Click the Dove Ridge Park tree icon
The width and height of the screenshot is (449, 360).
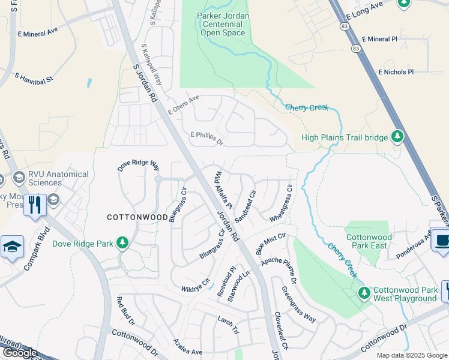click(x=122, y=242)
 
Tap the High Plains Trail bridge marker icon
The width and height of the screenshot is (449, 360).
click(x=397, y=137)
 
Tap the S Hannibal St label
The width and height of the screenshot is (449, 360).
click(x=34, y=79)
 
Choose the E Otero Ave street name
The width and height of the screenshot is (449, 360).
click(x=183, y=105)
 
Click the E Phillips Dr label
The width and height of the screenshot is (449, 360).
click(x=206, y=139)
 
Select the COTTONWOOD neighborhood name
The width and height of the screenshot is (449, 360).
click(x=137, y=217)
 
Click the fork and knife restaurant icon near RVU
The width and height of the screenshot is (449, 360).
click(x=34, y=205)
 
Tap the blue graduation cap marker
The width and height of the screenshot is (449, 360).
click(x=12, y=247)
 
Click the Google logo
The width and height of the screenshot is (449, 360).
click(x=20, y=352)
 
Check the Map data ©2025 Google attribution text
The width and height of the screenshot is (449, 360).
click(x=411, y=355)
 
